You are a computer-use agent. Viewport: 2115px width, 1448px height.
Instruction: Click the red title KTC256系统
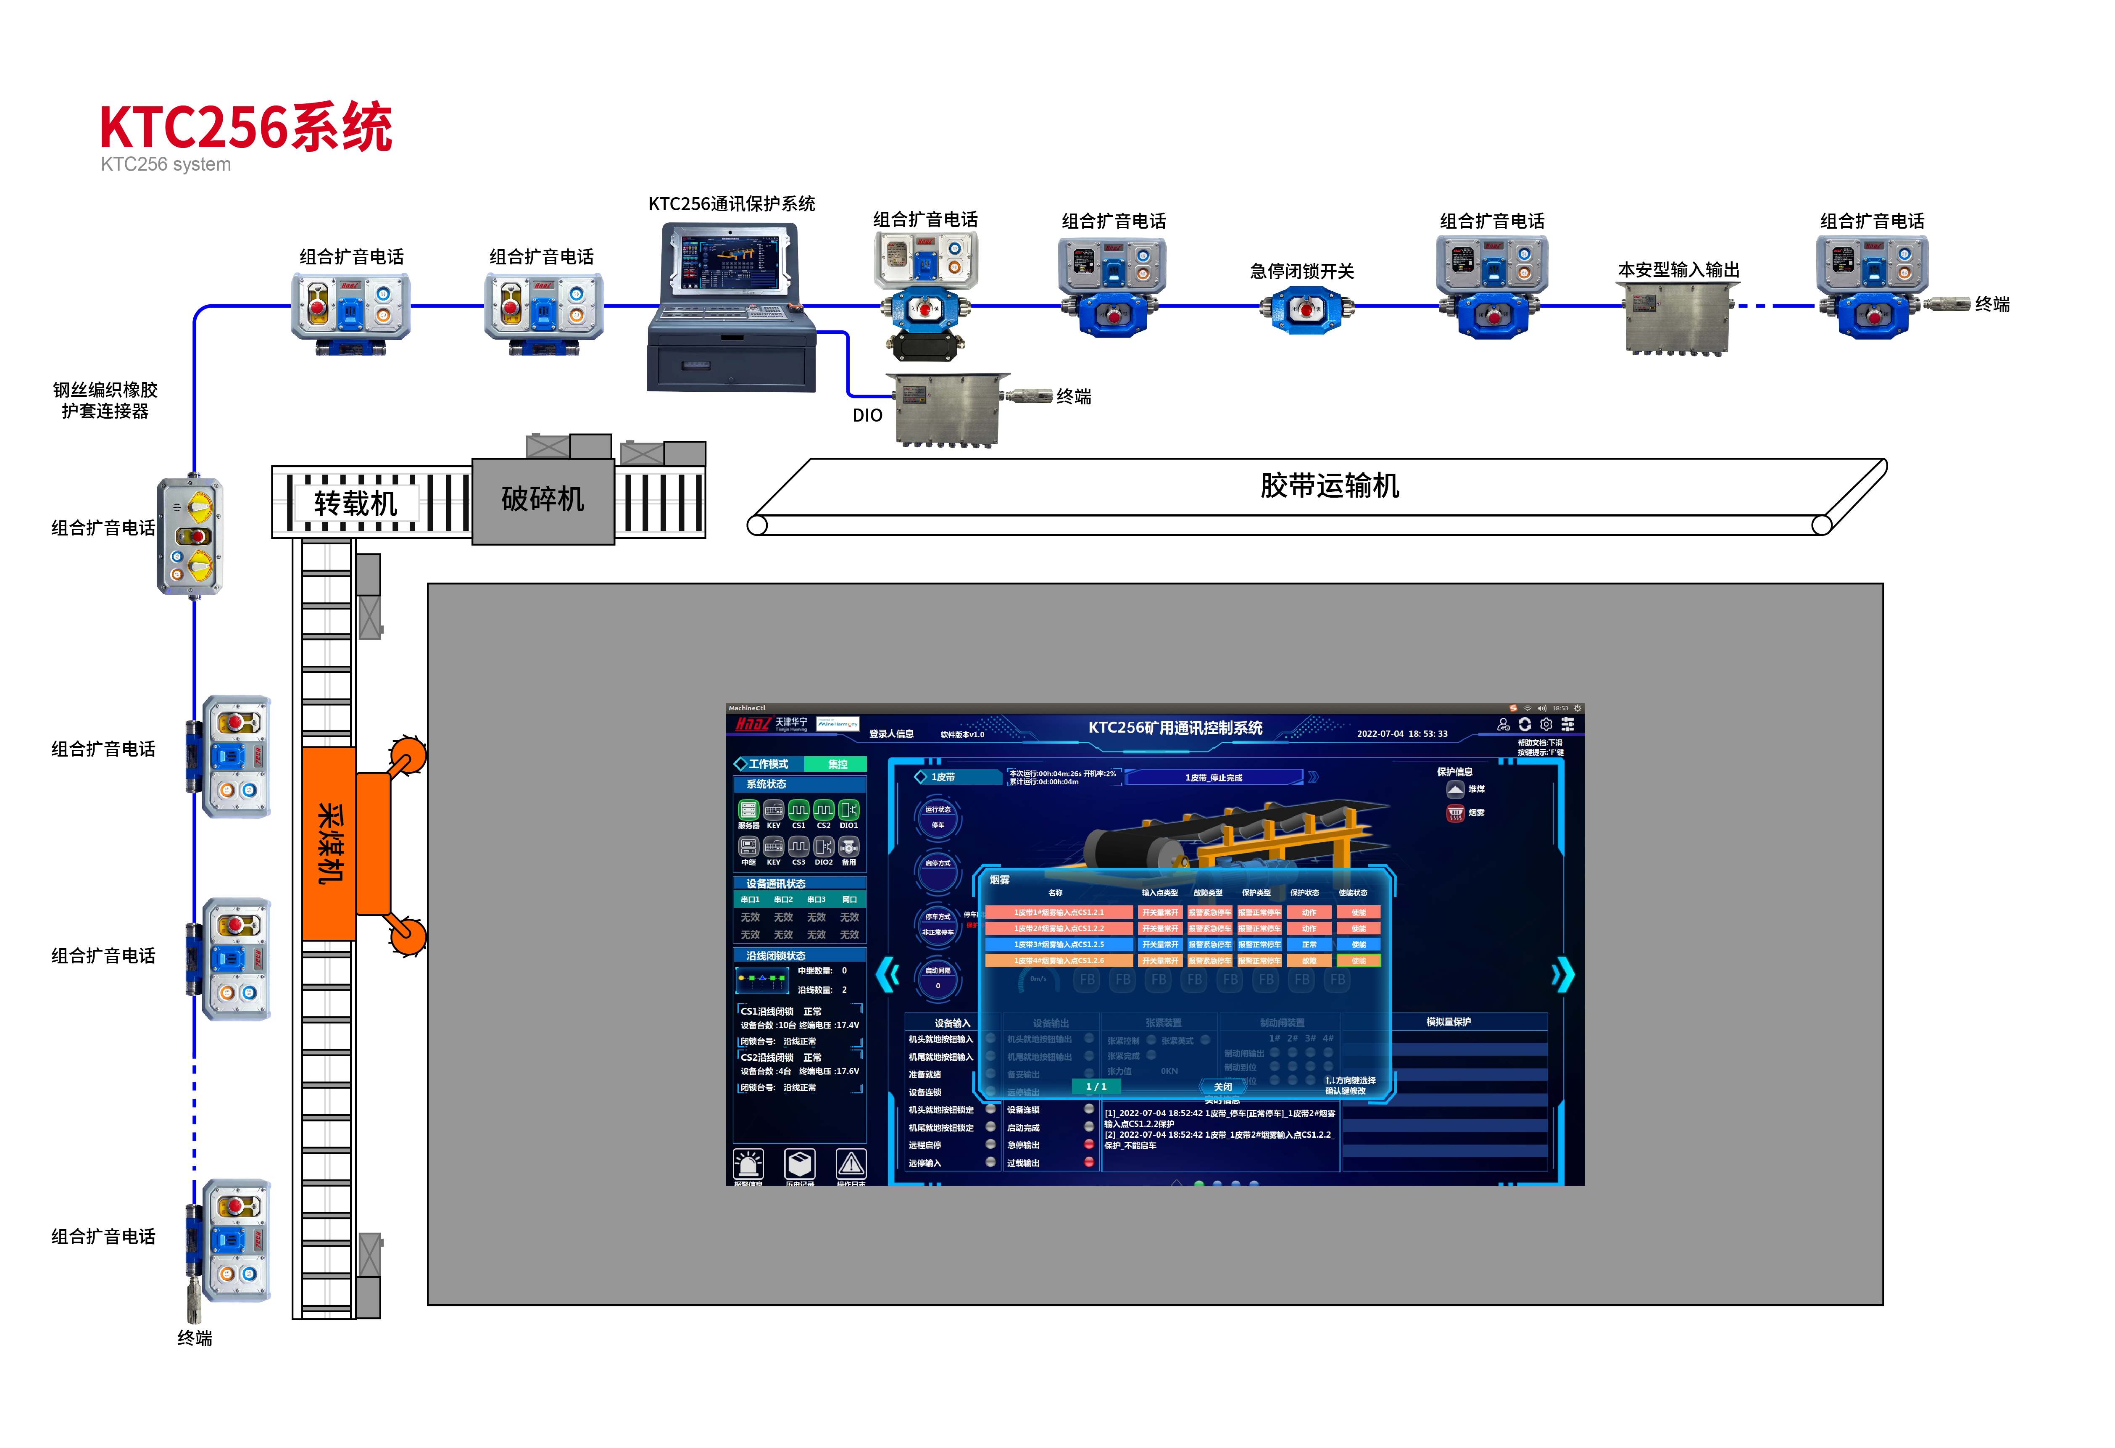246,127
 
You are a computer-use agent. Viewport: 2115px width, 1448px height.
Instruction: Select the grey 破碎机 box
543,500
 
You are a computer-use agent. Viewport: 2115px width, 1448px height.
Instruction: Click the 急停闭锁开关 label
1301,271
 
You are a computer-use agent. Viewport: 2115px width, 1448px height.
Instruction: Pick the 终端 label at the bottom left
195,1338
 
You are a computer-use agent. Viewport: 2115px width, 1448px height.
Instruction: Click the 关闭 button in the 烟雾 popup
1222,1087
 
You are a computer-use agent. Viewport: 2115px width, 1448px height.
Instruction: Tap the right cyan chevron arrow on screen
1562,975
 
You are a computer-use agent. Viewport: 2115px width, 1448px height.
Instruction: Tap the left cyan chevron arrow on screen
888,975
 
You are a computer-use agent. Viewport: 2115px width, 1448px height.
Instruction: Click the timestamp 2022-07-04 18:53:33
1401,733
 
